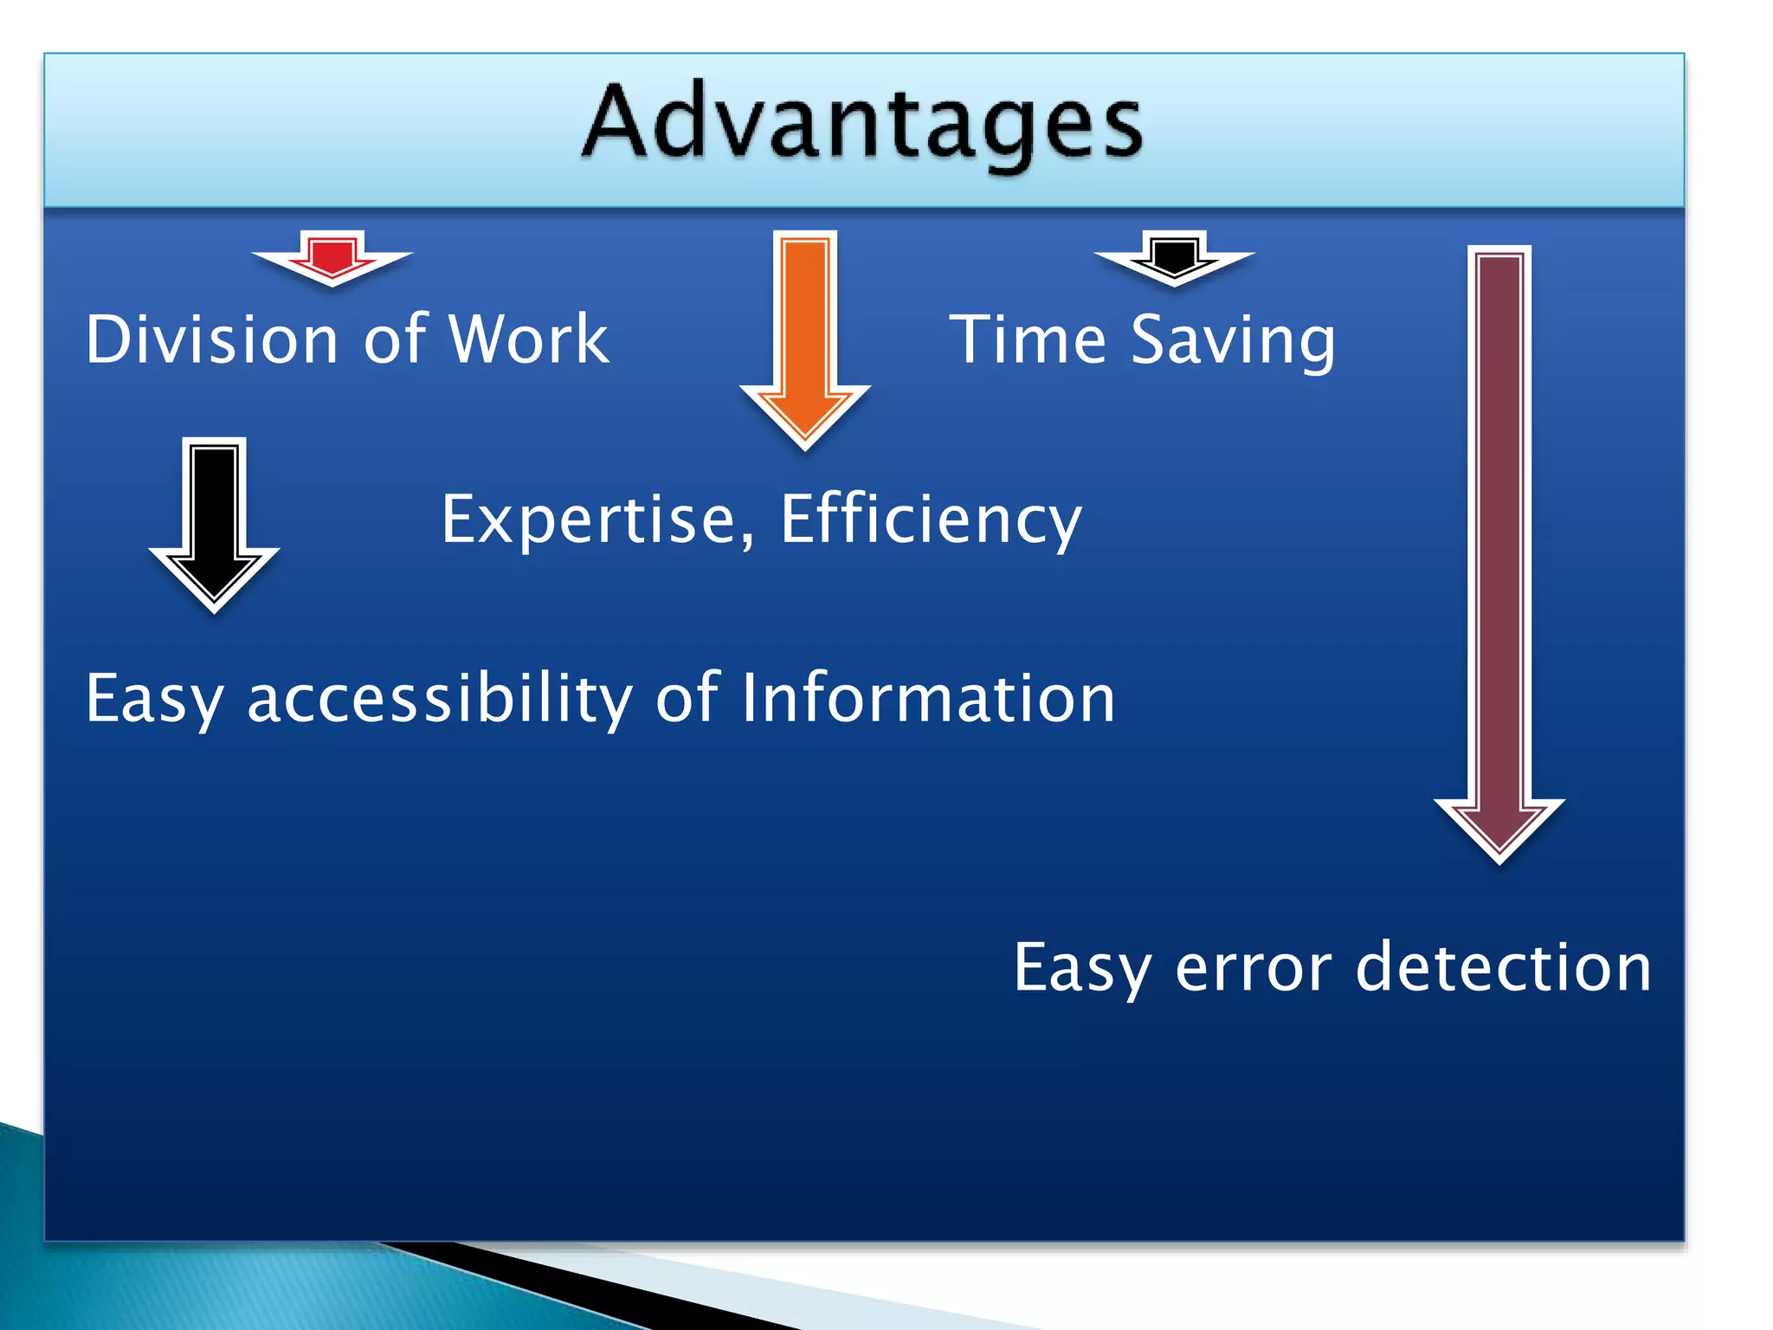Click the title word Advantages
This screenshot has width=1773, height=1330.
tap(862, 124)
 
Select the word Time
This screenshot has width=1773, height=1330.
tap(1028, 339)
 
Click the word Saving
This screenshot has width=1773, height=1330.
tap(1233, 342)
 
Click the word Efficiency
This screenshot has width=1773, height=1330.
tap(931, 520)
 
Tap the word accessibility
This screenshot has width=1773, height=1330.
tap(439, 699)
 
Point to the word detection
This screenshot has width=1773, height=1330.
tap(1504, 967)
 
